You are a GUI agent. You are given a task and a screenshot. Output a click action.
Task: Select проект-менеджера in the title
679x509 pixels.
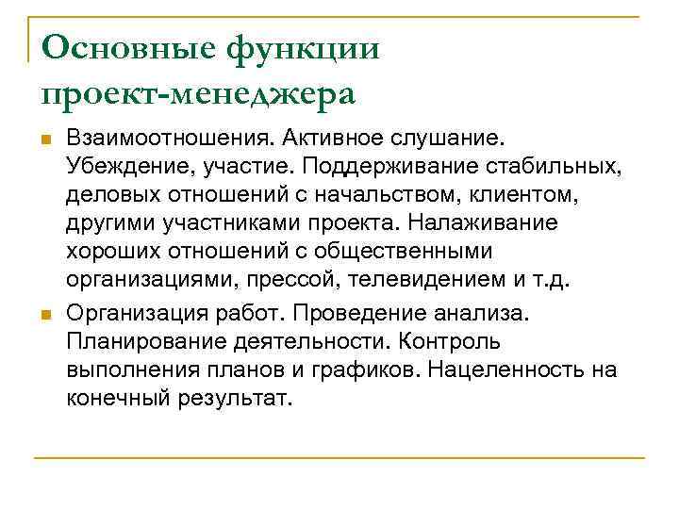pos(198,93)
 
